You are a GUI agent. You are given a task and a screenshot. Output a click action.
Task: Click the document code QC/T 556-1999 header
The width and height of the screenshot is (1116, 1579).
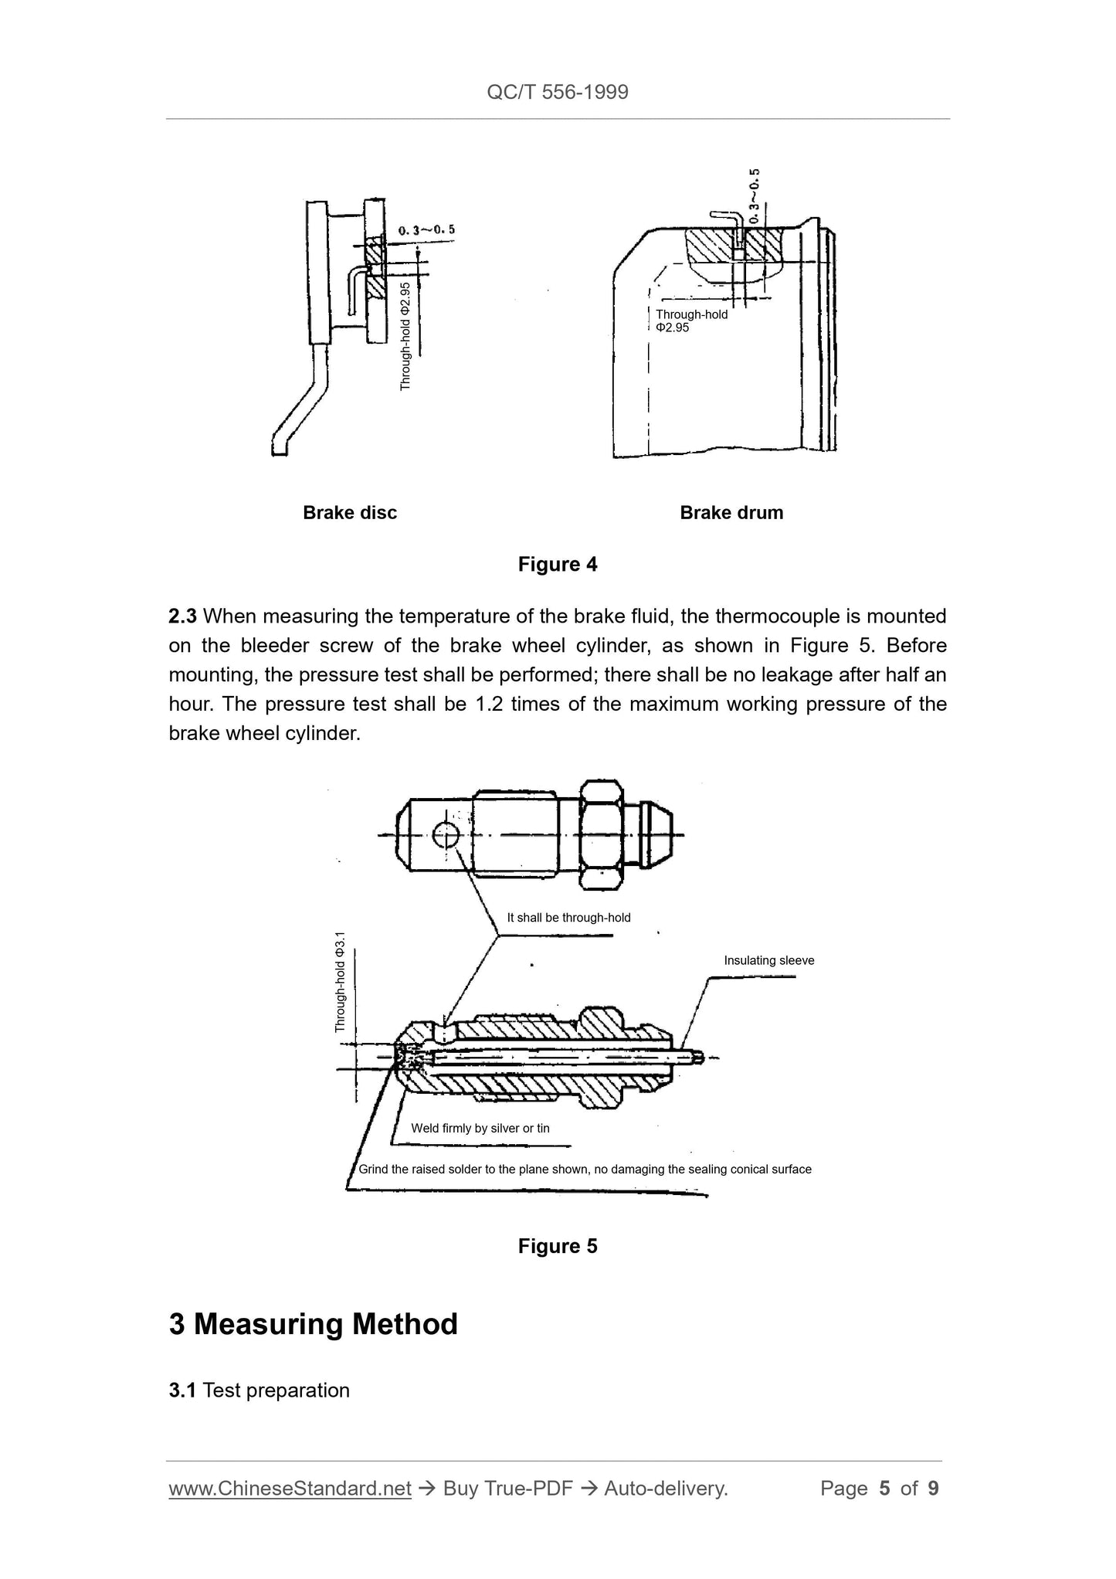pyautogui.click(x=558, y=93)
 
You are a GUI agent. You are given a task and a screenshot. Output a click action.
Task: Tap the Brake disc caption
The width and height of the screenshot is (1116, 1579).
pyautogui.click(x=350, y=513)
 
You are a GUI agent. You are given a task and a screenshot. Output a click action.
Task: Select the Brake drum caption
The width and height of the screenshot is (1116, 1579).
pyautogui.click(x=731, y=513)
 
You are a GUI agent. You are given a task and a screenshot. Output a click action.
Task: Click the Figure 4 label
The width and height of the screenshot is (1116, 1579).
pyautogui.click(x=558, y=565)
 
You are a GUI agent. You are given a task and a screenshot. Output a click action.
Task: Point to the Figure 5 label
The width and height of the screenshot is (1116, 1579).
pyautogui.click(x=558, y=1246)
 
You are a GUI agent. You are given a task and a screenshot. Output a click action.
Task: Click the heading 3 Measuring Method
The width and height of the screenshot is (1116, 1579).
pyautogui.click(x=314, y=1324)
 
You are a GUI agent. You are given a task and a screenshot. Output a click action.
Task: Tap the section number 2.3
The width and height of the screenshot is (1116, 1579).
pyautogui.click(x=183, y=616)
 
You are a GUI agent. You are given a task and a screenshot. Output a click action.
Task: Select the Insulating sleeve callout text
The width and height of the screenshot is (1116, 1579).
pyautogui.click(x=768, y=961)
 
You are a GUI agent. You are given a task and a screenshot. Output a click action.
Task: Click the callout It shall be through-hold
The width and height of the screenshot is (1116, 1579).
pyautogui.click(x=568, y=918)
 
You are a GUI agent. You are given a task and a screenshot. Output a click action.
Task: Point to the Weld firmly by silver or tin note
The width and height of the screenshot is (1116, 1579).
pyautogui.click(x=480, y=1129)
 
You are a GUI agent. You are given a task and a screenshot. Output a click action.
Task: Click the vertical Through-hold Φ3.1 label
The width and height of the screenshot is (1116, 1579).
pyautogui.click(x=341, y=982)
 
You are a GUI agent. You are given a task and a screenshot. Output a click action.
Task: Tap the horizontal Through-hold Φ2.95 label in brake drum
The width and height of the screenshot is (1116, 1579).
pyautogui.click(x=691, y=321)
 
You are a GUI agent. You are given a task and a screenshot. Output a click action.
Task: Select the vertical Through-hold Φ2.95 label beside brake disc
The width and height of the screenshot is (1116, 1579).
pyautogui.click(x=405, y=336)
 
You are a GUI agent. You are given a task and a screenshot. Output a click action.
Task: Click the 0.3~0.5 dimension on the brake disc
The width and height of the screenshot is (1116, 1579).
pyautogui.click(x=426, y=230)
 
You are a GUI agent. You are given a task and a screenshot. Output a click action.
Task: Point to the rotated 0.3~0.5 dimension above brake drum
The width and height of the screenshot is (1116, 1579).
pyautogui.click(x=755, y=195)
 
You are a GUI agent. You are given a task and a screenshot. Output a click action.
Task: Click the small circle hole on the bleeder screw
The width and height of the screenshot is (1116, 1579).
pyautogui.click(x=446, y=835)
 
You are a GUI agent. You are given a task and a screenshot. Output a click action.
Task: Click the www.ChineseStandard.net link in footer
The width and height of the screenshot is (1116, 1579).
pyautogui.click(x=290, y=1489)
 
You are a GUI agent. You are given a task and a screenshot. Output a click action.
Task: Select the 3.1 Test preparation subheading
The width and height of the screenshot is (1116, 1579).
pyautogui.click(x=259, y=1391)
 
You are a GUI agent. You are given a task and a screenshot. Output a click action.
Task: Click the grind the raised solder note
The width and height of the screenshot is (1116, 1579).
pyautogui.click(x=585, y=1170)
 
